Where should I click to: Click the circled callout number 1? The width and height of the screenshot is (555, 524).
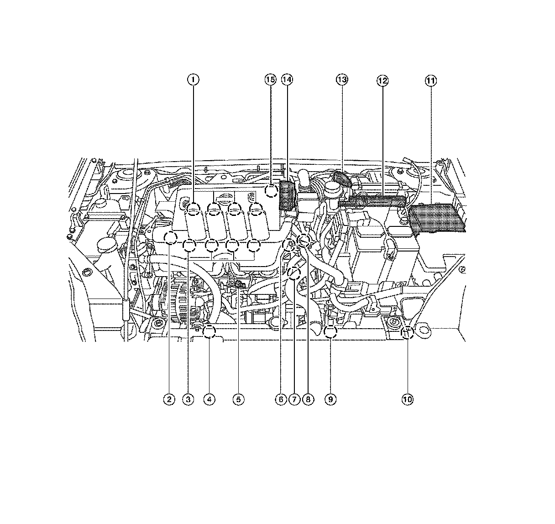point(193,80)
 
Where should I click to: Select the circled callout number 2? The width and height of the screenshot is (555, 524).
point(169,399)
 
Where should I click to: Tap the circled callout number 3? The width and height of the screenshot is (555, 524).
point(188,399)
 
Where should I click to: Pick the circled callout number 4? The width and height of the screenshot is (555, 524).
point(209,399)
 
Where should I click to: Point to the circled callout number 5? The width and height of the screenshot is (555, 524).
point(238,399)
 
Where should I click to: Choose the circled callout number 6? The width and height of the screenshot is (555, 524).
point(281,399)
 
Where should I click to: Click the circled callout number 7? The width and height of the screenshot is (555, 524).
point(294,399)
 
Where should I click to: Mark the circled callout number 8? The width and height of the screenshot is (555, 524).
point(308,399)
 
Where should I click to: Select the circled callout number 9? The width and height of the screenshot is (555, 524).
point(330,399)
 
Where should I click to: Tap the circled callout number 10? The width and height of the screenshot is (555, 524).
point(408,399)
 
